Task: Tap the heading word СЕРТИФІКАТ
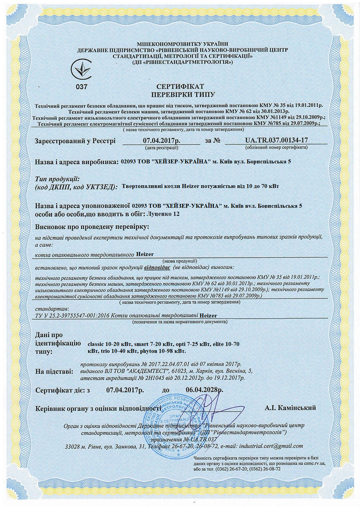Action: click(180, 87)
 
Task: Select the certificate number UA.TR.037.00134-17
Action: click(276, 140)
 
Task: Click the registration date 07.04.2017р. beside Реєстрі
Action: click(161, 140)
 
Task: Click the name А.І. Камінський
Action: click(290, 408)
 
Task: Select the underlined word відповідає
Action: click(157, 267)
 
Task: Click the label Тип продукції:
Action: click(57, 179)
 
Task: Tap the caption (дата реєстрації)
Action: click(161, 147)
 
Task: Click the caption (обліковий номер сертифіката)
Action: click(276, 147)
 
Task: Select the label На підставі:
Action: click(54, 372)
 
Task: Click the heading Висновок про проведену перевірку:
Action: click(92, 227)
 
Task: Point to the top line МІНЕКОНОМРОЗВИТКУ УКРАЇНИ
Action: click(182, 44)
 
